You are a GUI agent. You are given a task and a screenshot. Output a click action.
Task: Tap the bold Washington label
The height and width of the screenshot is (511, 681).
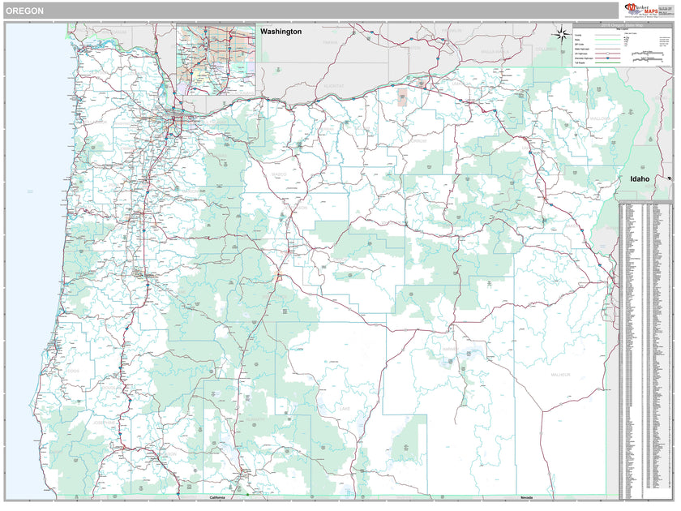click(x=281, y=32)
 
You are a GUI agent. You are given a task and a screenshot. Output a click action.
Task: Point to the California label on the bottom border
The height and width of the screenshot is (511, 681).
click(x=217, y=497)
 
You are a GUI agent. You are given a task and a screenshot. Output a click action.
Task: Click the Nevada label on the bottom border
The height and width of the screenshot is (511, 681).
click(x=526, y=497)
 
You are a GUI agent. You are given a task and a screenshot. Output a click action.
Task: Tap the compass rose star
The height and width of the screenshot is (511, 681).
click(x=560, y=34)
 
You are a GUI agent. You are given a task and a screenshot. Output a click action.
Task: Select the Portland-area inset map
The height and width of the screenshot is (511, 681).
click(x=216, y=58)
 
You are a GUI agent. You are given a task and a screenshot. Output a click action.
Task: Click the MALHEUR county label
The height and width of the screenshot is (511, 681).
click(x=560, y=375)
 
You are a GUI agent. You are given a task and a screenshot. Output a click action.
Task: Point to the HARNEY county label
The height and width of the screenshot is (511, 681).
click(x=451, y=350)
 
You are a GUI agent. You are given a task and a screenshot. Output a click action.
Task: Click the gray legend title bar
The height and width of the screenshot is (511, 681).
click(x=621, y=27)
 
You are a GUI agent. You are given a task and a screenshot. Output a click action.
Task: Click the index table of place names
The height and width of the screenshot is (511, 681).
click(x=645, y=349)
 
